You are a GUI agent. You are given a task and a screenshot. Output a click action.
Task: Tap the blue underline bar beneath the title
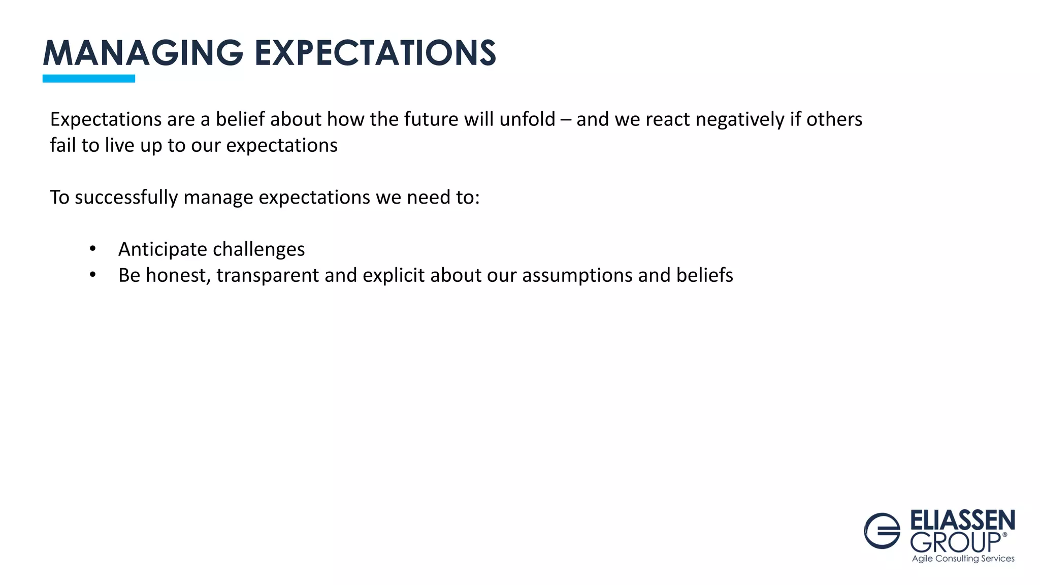coord(89,78)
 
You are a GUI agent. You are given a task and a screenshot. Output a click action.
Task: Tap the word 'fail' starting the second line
coord(62,145)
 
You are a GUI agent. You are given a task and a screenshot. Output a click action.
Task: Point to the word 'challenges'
coord(258,249)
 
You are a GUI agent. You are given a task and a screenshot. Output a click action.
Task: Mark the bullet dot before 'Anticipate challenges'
coord(92,249)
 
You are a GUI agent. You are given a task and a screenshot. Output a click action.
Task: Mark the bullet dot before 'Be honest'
coord(92,275)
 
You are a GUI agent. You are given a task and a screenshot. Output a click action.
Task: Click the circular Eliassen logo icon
coord(882,531)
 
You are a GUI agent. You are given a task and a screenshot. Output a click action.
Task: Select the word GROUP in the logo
coord(955,542)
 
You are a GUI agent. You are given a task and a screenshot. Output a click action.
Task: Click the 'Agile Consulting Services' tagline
coord(963,559)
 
